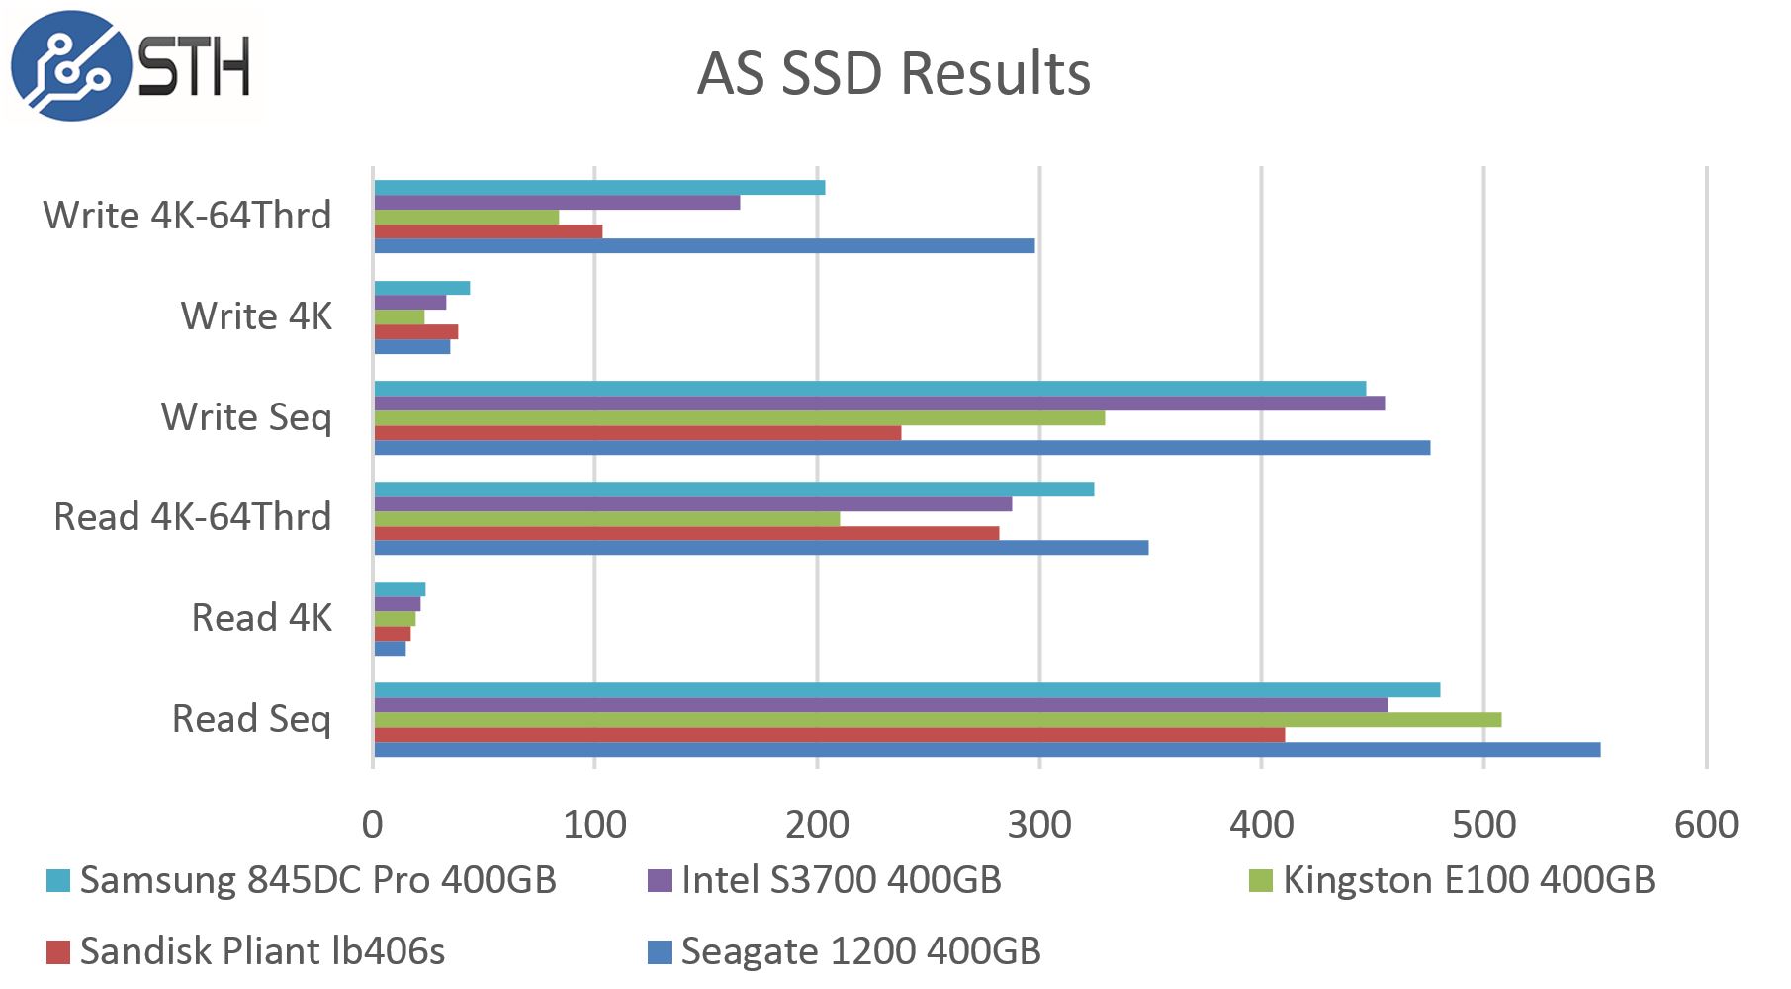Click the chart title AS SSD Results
coord(893,73)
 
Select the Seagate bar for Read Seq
coord(986,750)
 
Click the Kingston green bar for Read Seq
coord(937,720)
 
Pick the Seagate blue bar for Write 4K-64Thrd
coord(704,246)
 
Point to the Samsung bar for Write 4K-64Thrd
coord(599,188)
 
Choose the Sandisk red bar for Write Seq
coord(637,433)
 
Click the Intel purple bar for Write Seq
coord(878,404)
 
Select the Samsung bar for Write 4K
coord(422,288)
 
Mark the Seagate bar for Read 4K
coord(390,649)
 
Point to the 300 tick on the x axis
coord(1039,825)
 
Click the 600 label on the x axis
coord(1706,825)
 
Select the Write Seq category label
coord(246,417)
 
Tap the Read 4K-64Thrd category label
coord(192,517)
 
